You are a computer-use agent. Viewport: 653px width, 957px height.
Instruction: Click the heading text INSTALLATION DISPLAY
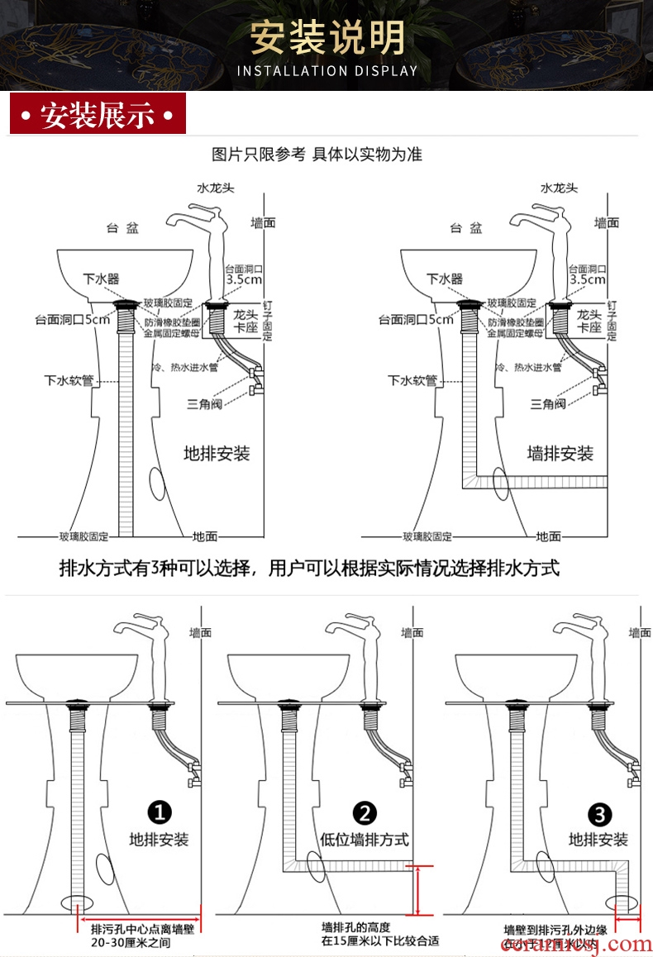(327, 71)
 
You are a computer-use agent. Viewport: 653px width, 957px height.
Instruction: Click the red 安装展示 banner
(98, 115)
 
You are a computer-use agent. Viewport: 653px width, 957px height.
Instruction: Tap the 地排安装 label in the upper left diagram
(217, 454)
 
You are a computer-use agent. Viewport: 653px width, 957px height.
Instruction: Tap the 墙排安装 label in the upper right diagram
(560, 454)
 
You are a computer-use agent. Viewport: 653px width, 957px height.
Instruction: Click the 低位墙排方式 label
(365, 840)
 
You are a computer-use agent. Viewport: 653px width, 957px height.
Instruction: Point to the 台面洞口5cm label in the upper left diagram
(72, 319)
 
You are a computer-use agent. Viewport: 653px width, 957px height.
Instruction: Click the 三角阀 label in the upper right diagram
(548, 404)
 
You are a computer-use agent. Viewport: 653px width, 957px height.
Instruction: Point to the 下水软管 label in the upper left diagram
(68, 380)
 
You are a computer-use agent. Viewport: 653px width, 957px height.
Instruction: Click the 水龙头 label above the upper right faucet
(560, 188)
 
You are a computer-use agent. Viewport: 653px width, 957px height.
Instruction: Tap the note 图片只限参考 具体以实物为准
(317, 155)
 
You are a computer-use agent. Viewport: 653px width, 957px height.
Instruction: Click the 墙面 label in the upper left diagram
(263, 223)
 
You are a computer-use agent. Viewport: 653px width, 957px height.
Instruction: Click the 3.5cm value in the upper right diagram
(589, 279)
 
